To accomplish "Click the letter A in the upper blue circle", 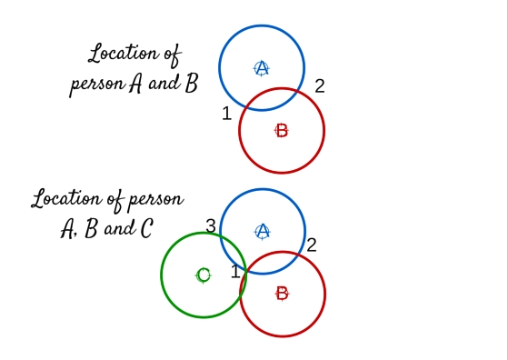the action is (262, 68).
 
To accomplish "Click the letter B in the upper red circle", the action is (283, 131).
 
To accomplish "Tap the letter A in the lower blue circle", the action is (263, 231).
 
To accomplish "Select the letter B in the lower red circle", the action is (283, 294).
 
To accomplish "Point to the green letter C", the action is (204, 275).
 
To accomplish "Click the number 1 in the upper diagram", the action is (227, 114).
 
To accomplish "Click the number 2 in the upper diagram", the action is (320, 86).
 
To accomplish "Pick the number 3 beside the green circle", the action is (211, 225).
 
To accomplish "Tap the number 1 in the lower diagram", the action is (236, 271).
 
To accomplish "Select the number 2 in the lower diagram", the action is (311, 245).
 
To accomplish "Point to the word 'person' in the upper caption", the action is (98, 85).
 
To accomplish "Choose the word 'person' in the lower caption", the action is (156, 200).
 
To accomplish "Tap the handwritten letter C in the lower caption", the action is (146, 228).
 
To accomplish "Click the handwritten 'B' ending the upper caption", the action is (192, 83).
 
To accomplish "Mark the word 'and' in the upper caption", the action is (164, 83).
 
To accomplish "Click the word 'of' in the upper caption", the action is (173, 56).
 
